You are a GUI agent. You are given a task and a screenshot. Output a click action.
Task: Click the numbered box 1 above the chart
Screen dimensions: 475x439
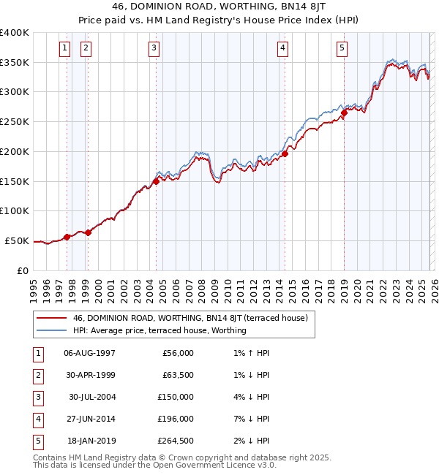pyautogui.click(x=65, y=49)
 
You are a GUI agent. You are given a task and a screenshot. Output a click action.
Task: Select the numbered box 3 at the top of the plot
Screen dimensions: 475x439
pyautogui.click(x=154, y=49)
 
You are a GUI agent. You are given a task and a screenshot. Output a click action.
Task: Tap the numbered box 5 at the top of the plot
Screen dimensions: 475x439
pyautogui.click(x=342, y=49)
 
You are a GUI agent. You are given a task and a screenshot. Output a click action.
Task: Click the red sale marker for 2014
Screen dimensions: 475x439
pyautogui.click(x=285, y=154)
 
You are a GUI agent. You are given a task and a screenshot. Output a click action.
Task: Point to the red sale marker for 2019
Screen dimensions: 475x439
pyautogui.click(x=344, y=113)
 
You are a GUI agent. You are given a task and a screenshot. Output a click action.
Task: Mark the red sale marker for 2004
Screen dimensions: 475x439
pyautogui.click(x=156, y=181)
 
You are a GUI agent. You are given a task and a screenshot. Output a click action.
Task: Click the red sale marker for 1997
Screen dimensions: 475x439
pyautogui.click(x=67, y=237)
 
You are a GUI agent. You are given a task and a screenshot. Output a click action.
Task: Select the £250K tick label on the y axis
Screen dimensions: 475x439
pyautogui.click(x=15, y=122)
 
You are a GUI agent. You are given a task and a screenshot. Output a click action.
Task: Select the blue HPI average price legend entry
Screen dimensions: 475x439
pyautogui.click(x=160, y=330)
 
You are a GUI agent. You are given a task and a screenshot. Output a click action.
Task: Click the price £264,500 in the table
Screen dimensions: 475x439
pyautogui.click(x=176, y=441)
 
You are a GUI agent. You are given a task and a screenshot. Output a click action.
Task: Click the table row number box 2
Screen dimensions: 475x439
pyautogui.click(x=38, y=375)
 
